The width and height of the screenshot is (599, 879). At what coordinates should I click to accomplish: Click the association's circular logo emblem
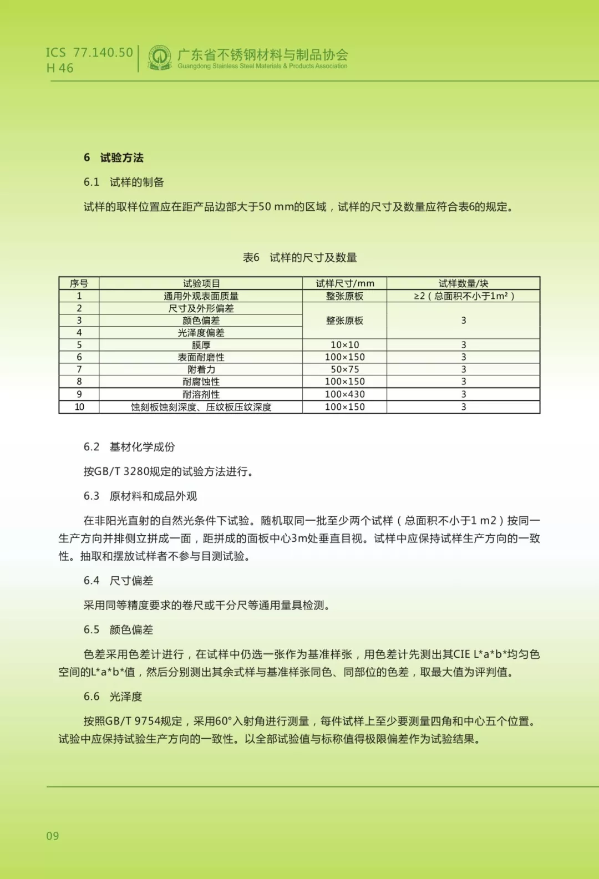pyautogui.click(x=160, y=58)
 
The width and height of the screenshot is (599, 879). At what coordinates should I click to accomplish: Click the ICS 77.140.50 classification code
pyautogui.click(x=89, y=53)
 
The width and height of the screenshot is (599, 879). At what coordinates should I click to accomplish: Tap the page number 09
pyautogui.click(x=53, y=836)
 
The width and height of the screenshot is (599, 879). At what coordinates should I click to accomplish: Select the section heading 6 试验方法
pyautogui.click(x=114, y=157)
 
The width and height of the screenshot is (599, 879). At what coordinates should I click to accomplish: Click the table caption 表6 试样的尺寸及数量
pyautogui.click(x=299, y=257)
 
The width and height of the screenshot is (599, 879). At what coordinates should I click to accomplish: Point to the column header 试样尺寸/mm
pyautogui.click(x=344, y=283)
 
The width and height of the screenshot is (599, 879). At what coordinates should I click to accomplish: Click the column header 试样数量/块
pyautogui.click(x=463, y=283)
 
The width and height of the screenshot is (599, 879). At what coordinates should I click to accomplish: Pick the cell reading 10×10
pyautogui.click(x=344, y=345)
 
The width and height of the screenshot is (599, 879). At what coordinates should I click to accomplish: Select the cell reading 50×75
pyautogui.click(x=344, y=369)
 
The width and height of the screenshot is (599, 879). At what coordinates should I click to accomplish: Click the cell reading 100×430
pyautogui.click(x=344, y=394)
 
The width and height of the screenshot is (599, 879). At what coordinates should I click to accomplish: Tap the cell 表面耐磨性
pyautogui.click(x=201, y=357)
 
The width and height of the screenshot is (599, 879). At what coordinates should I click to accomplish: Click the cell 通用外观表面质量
pyautogui.click(x=201, y=296)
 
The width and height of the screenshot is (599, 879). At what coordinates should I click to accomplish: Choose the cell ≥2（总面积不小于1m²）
pyautogui.click(x=464, y=296)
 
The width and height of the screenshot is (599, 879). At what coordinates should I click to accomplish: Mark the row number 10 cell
pyautogui.click(x=79, y=407)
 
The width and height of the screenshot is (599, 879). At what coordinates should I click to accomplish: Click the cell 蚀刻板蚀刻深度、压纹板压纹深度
pyautogui.click(x=201, y=407)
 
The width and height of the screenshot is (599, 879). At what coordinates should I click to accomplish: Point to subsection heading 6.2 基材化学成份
pyautogui.click(x=129, y=447)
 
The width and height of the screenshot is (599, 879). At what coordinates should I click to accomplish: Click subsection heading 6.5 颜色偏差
pyautogui.click(x=118, y=629)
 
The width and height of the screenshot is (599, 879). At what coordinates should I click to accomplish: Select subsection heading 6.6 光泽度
pyautogui.click(x=113, y=697)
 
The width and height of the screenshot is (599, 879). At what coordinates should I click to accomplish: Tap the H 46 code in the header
pyautogui.click(x=60, y=68)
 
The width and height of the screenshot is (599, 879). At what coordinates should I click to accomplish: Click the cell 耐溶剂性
pyautogui.click(x=201, y=394)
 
